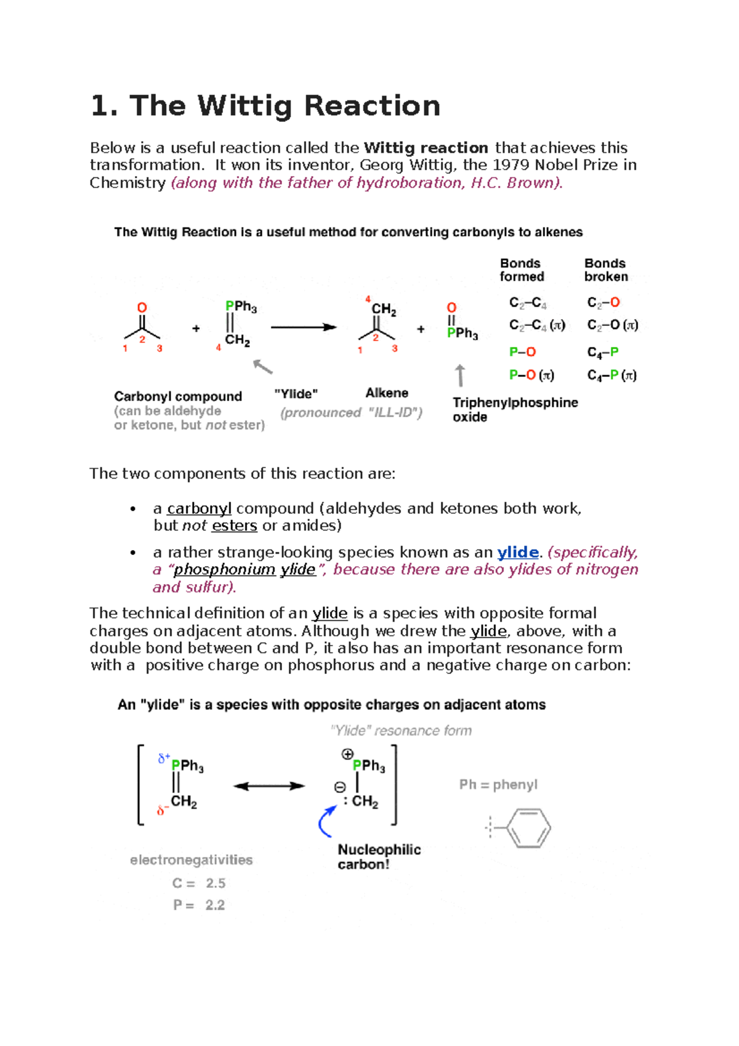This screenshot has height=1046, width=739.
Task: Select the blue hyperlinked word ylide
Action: (517, 553)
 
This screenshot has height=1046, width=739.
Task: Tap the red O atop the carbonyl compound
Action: (142, 307)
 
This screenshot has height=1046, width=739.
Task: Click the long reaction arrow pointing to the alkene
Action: (304, 327)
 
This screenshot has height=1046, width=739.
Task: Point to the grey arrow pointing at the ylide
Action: (263, 367)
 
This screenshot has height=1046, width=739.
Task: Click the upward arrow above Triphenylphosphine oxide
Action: (460, 375)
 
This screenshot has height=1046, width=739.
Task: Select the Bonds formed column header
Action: (522, 270)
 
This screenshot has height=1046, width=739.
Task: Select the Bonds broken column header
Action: (606, 270)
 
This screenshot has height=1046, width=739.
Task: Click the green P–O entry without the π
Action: (522, 352)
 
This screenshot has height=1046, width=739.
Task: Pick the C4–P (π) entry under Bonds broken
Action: (612, 375)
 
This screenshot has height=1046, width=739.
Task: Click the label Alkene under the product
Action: (387, 393)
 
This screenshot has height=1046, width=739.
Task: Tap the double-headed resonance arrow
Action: (269, 786)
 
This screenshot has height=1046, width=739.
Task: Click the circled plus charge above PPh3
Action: (347, 754)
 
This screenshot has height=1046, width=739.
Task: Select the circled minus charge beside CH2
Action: (340, 787)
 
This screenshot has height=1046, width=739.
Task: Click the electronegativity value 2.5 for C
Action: (216, 883)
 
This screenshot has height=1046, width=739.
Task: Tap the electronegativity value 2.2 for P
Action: (215, 905)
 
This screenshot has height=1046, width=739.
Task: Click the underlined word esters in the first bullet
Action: (234, 525)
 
